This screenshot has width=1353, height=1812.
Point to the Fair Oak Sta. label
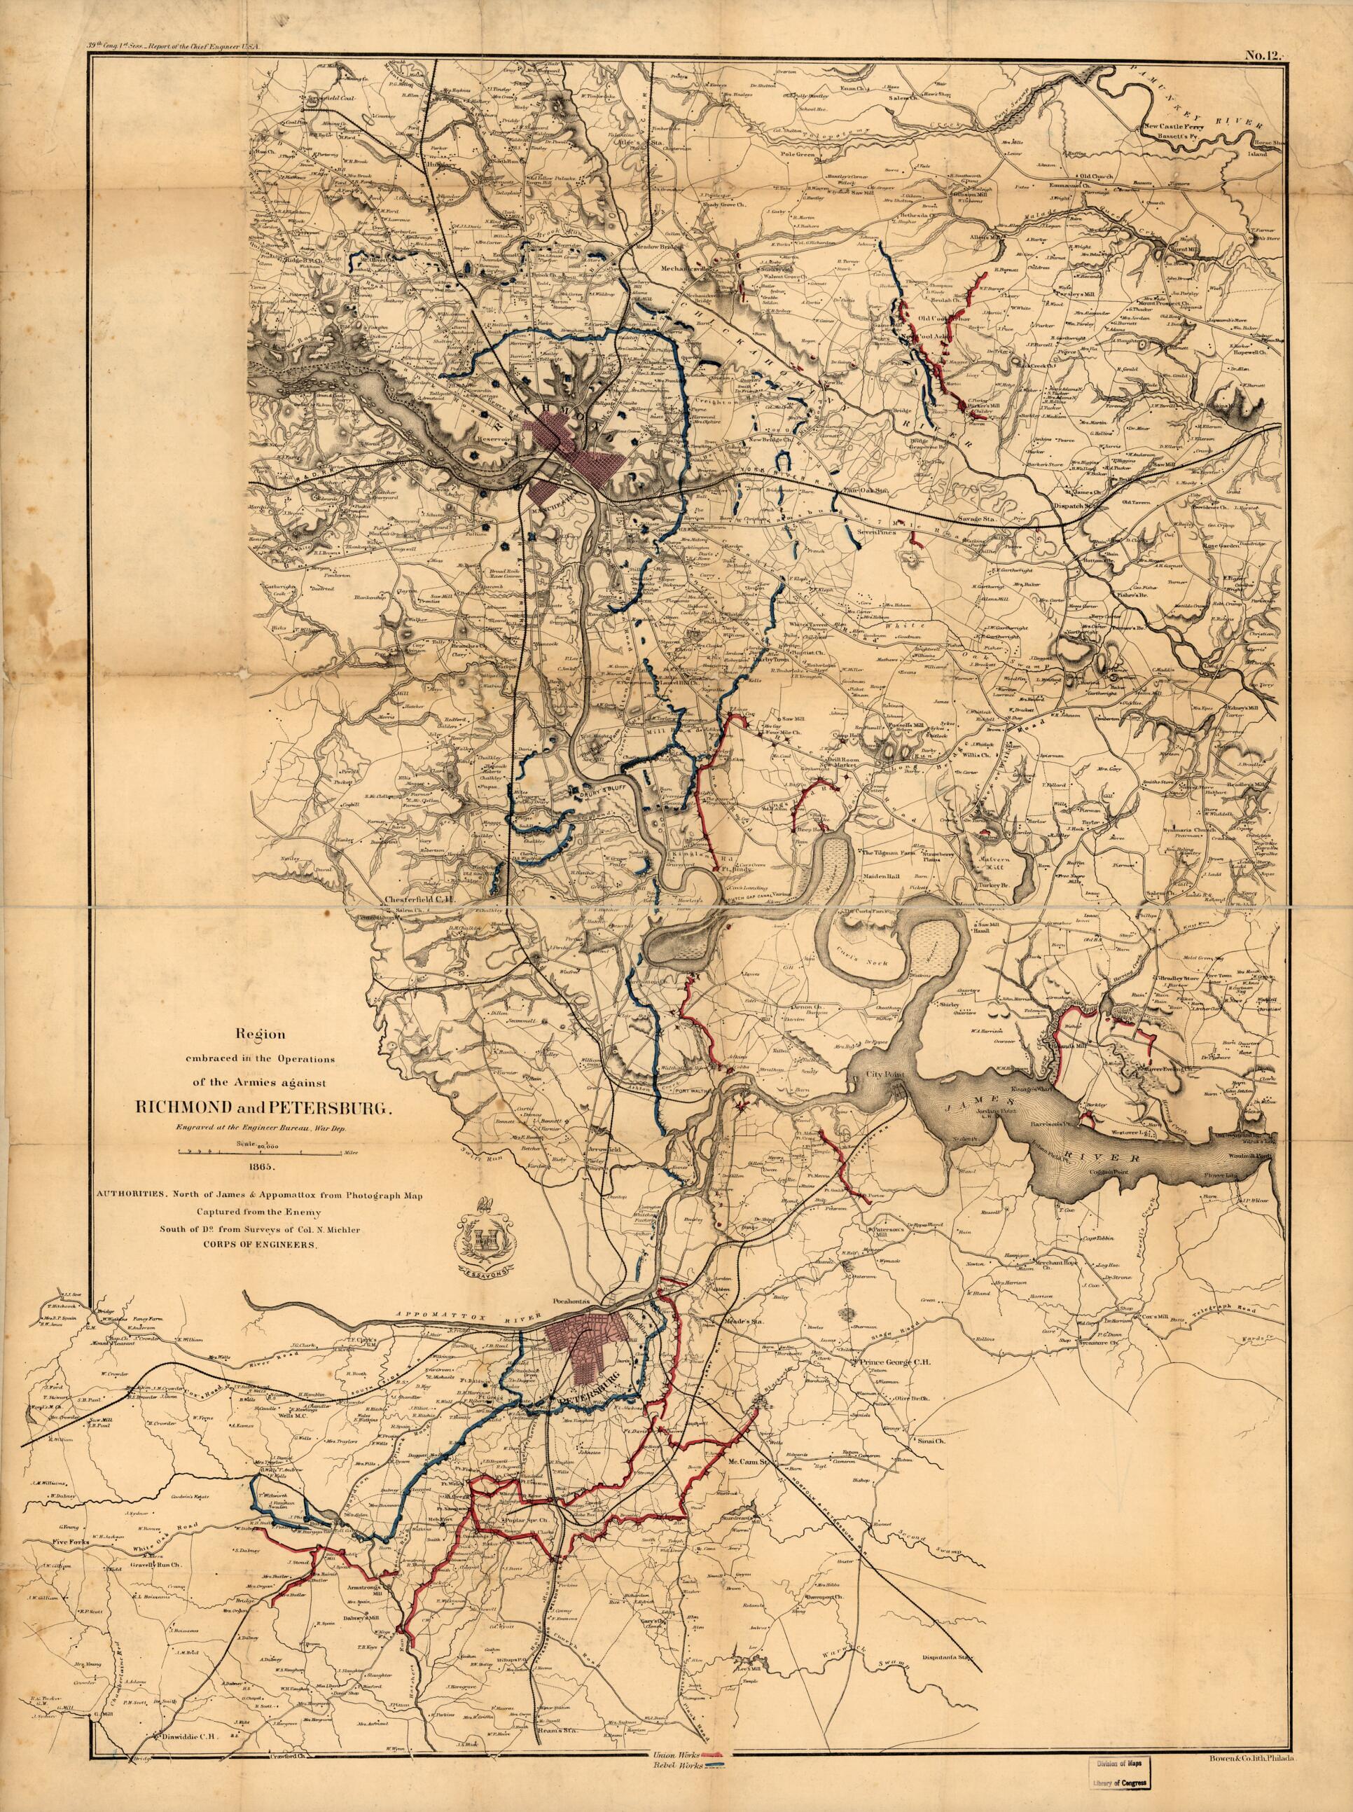point(866,492)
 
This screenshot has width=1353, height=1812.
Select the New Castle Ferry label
point(1186,127)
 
